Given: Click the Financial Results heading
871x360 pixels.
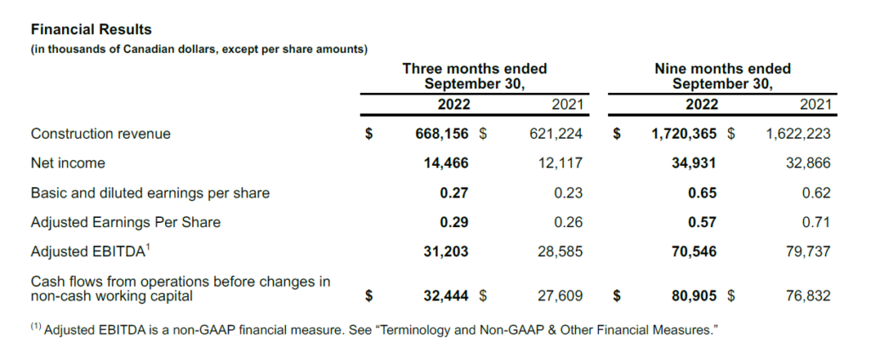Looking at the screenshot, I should (91, 30).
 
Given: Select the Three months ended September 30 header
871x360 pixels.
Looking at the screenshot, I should (474, 76).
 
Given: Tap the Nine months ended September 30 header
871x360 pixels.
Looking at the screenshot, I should (722, 76).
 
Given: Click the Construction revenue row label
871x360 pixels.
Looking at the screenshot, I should (100, 134).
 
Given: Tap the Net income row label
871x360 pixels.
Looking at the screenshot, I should (68, 163).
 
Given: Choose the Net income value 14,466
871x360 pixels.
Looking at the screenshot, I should (446, 163).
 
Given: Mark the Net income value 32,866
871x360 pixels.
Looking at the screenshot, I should (809, 163).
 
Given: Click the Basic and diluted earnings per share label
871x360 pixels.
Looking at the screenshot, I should (150, 193).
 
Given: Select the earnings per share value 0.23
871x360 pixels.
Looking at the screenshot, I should (567, 193).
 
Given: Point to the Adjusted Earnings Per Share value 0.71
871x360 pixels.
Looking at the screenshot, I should (816, 222).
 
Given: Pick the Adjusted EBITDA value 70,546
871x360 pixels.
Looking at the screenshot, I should (693, 252).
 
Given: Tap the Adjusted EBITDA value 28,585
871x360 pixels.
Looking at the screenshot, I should (561, 252).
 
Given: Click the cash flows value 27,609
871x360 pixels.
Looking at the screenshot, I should (561, 296).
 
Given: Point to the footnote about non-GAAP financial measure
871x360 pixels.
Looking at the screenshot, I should (373, 330).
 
